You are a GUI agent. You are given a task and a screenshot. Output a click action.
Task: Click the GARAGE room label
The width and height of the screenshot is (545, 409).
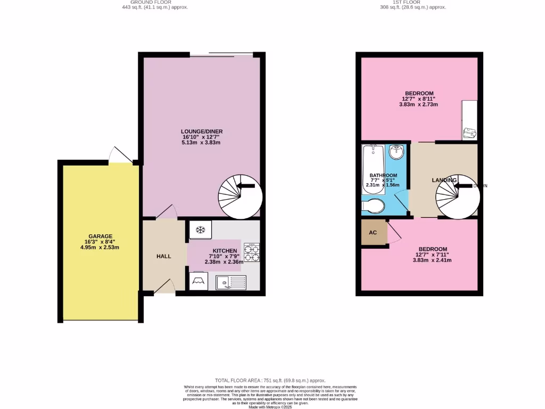(x=101, y=236)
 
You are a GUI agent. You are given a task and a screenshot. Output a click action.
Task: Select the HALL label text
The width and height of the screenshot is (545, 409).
(x=164, y=256)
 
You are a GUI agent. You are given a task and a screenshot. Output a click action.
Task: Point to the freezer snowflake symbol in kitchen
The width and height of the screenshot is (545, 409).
(x=201, y=230)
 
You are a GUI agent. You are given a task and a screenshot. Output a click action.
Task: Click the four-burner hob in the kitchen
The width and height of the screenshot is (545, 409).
(x=252, y=252)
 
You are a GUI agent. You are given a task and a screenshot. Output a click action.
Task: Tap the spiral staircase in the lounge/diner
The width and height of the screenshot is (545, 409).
(x=240, y=197)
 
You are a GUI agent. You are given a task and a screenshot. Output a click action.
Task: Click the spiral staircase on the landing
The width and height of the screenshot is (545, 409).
(x=457, y=197)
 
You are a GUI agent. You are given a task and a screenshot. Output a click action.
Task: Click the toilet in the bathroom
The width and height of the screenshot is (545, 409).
(x=373, y=206)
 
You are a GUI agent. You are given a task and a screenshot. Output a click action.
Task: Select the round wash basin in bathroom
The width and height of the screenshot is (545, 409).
(x=396, y=153)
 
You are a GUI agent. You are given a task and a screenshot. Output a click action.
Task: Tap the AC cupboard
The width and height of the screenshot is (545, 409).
(x=373, y=233)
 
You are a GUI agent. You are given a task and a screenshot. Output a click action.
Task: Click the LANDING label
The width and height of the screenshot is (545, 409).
(x=444, y=180)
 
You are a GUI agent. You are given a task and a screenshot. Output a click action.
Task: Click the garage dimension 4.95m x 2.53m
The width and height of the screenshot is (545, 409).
(x=101, y=248)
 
